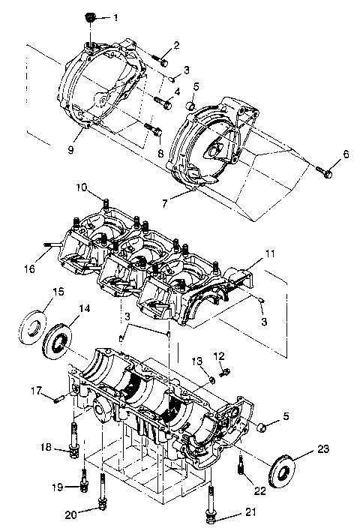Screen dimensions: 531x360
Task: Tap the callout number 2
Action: point(176,46)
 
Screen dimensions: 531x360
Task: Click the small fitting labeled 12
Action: point(223,370)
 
